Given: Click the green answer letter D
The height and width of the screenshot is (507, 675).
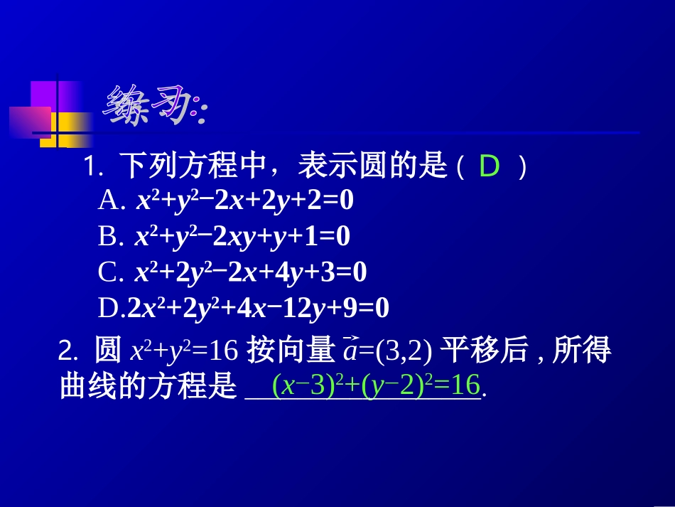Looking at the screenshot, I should coord(490,168).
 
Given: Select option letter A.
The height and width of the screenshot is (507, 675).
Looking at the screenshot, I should coord(110,202).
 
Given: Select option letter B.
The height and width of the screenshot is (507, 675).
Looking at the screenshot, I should coord(110,237).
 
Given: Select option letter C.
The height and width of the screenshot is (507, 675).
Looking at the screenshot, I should coord(110,272).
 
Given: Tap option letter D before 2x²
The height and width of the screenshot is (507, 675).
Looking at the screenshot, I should coord(111,308).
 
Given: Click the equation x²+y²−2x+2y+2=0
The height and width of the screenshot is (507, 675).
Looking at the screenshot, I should coord(245,202).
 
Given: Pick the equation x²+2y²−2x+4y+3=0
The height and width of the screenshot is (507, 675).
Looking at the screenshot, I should coord(251,272).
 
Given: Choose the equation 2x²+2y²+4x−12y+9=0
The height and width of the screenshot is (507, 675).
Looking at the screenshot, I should coord(259,308).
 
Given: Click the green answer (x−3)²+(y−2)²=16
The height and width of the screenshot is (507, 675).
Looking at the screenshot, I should coord(377,385).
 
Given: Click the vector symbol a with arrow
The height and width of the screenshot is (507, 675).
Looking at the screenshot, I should coord(350,351).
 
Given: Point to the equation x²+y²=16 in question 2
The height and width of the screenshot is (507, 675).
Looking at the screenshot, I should coord(183,351).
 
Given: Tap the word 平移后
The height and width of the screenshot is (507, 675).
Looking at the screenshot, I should coord(485,351).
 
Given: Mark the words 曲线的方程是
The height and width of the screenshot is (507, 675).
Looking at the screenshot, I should coord(147,387).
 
